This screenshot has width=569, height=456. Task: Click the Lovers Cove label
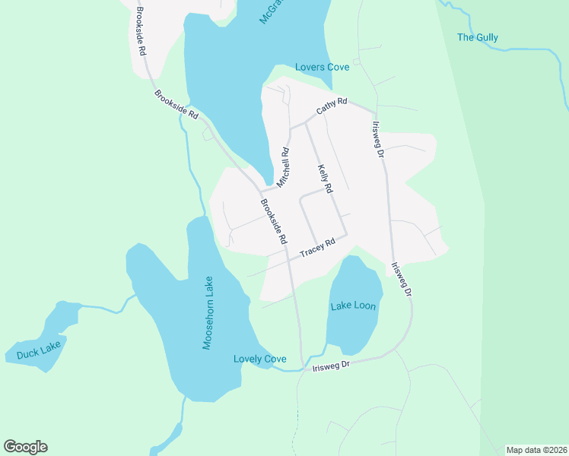(x=323, y=68)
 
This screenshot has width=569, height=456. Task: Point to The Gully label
(x=477, y=37)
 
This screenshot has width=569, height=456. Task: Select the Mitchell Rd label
(x=283, y=167)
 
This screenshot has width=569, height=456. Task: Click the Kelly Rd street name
(x=325, y=178)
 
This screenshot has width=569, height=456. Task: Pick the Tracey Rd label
(x=317, y=249)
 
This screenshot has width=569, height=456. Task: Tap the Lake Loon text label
(x=353, y=306)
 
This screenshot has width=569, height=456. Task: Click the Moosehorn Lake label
(x=208, y=312)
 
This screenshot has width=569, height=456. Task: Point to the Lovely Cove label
(x=260, y=359)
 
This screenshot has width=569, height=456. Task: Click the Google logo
(x=25, y=447)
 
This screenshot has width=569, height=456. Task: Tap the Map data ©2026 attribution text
(x=536, y=450)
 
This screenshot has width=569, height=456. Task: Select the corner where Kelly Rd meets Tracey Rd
(x=347, y=236)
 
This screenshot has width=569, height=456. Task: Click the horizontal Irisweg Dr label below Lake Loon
(x=330, y=366)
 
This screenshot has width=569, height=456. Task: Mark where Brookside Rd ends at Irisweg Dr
(x=303, y=366)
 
